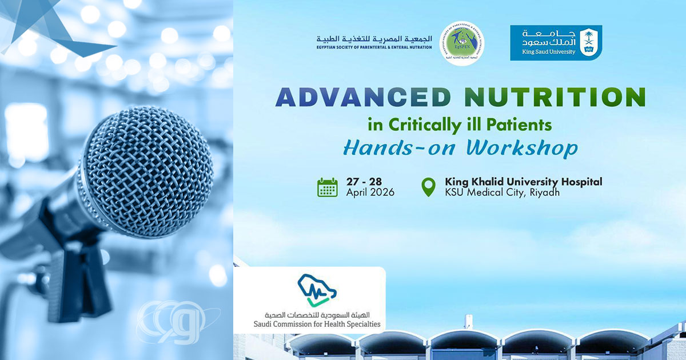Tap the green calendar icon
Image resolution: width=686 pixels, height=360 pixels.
click(328, 187)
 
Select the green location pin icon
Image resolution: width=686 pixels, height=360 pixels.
click(428, 187)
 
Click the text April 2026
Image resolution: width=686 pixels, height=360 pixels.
click(370, 193)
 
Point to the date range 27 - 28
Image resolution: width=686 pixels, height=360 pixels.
click(364, 182)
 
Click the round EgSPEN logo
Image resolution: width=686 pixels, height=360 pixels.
click(461, 43)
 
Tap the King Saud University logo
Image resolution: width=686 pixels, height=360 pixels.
click(556, 43)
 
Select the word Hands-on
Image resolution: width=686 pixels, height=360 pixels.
click(400, 147)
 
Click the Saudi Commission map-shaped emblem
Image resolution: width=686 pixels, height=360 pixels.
click(313, 291)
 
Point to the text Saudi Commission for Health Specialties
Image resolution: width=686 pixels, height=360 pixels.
click(309, 324)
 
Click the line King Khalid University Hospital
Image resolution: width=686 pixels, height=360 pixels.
click(523, 182)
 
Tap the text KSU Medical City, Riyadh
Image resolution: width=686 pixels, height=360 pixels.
click(502, 193)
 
